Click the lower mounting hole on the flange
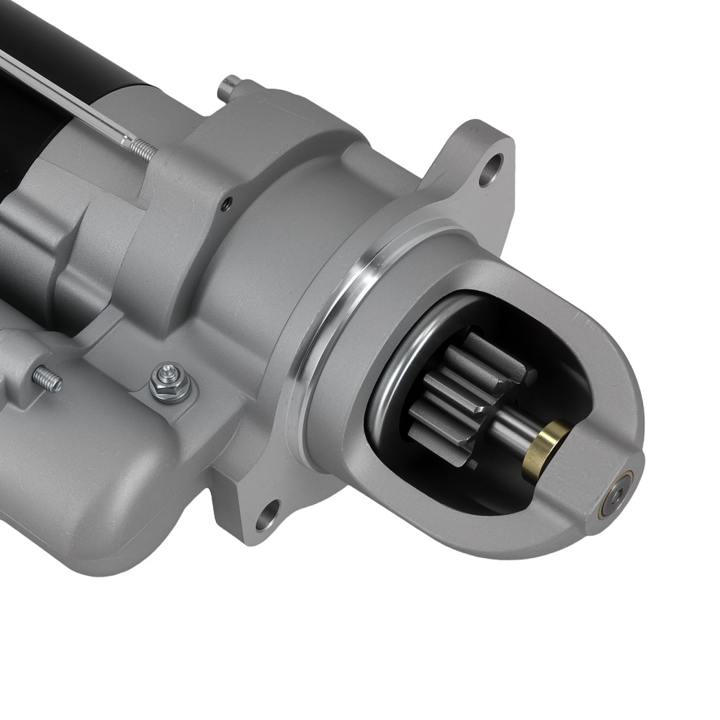click(x=267, y=514)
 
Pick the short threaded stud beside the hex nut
click(x=48, y=379)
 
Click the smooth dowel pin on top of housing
click(x=229, y=86)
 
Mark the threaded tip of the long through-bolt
click(x=143, y=149)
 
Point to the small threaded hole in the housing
click(x=228, y=204)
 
